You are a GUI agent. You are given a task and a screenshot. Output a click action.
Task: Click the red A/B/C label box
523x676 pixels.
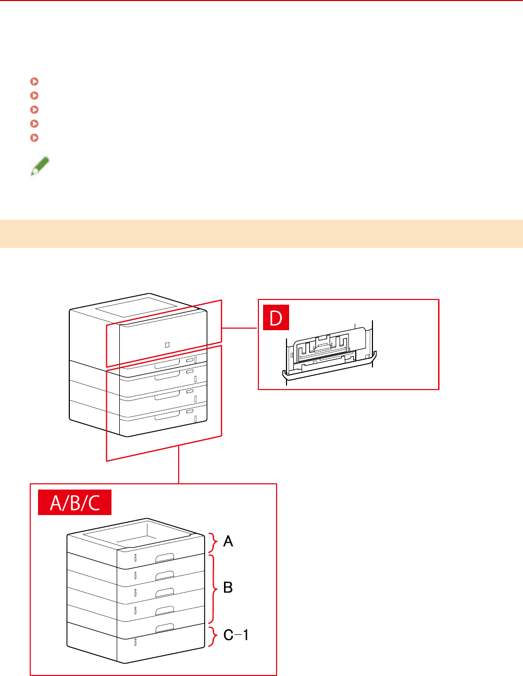tap(74, 503)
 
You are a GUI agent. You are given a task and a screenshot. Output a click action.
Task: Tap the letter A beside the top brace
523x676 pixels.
tap(228, 542)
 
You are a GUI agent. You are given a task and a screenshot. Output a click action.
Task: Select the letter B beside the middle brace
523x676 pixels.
tap(228, 587)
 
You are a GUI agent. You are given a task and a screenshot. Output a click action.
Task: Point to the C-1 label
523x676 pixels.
tap(236, 635)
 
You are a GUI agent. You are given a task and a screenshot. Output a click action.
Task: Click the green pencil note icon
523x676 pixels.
tap(40, 167)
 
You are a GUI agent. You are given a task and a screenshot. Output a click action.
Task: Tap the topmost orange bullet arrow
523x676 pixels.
tap(34, 81)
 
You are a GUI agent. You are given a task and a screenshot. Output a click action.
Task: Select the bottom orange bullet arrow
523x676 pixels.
tap(34, 138)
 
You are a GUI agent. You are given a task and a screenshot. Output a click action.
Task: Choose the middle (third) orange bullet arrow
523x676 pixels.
tap(34, 109)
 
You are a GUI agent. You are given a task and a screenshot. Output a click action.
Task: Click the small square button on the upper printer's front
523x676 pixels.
tap(167, 345)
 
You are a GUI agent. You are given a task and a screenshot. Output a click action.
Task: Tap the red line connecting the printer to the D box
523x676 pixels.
tap(240, 328)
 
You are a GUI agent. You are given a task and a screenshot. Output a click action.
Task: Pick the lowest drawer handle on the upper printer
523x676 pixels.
tap(167, 415)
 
